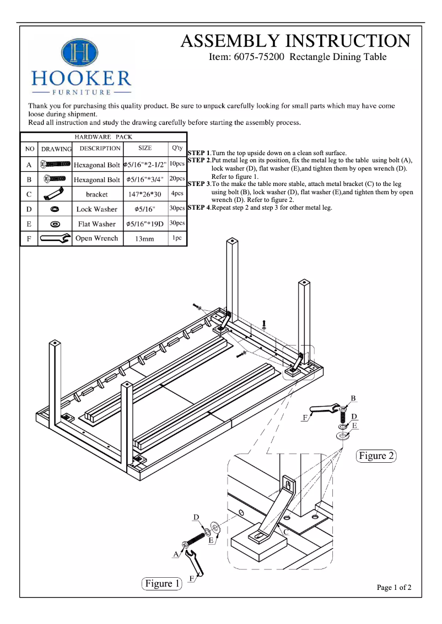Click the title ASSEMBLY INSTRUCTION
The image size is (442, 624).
click(295, 41)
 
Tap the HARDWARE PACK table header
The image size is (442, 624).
click(103, 137)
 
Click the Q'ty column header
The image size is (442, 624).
click(177, 149)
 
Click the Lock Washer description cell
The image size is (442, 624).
click(97, 209)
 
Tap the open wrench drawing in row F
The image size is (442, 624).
click(55, 239)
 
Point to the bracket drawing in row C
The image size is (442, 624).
click(55, 194)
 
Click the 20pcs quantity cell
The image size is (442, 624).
click(177, 179)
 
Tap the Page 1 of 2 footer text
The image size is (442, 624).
click(394, 588)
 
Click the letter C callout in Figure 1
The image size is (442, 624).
click(286, 532)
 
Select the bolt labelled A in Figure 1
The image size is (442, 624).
click(195, 540)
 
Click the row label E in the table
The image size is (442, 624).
click(28, 224)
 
